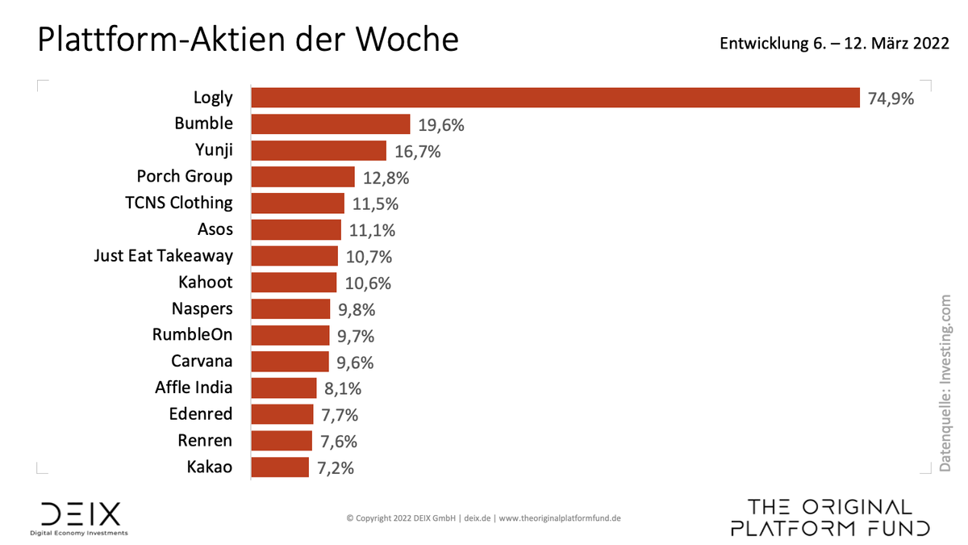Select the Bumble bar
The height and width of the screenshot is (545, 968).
(331, 124)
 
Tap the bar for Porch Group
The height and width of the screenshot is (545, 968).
(302, 177)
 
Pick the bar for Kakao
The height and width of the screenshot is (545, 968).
(280, 467)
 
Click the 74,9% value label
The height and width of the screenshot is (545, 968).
(891, 99)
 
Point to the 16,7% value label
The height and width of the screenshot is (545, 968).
(418, 152)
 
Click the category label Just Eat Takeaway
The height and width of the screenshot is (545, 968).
(164, 256)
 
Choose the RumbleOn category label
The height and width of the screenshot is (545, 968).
(192, 335)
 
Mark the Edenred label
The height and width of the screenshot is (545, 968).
(201, 414)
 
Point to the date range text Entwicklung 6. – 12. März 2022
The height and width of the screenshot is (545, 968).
(834, 44)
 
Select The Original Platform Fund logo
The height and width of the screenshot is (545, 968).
(830, 518)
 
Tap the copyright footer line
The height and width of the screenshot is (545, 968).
(484, 518)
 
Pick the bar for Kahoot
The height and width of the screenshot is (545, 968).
(294, 283)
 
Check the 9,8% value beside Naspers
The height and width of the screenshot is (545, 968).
(357, 309)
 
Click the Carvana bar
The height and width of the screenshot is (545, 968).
(290, 362)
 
